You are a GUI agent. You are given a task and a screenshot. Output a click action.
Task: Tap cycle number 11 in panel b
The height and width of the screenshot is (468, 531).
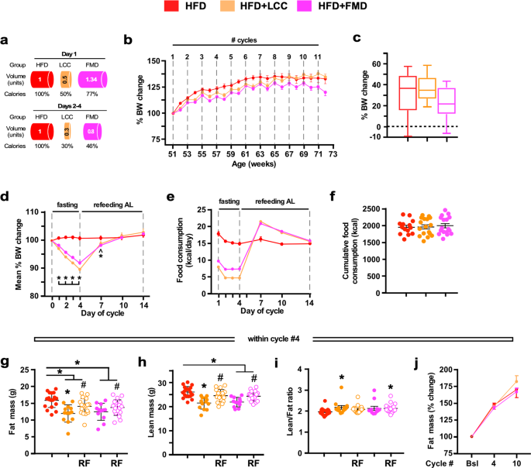point(317,57)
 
